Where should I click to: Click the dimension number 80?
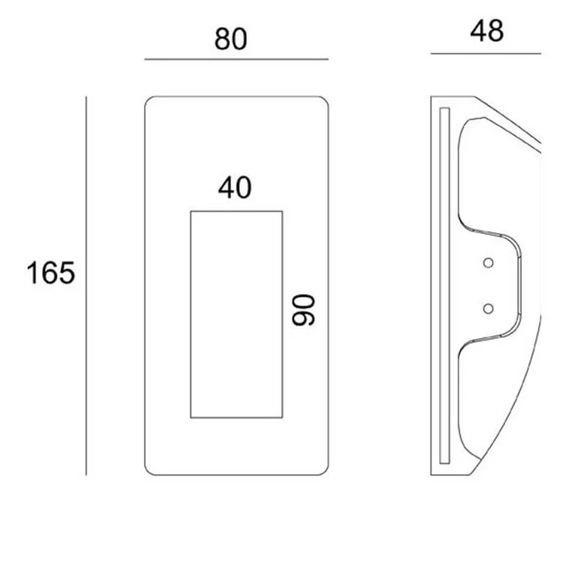231,39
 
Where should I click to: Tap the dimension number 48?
487,31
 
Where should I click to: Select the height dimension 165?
51,273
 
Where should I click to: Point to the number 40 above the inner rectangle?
234,187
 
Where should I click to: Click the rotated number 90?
304,309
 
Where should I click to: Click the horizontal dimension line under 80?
237,60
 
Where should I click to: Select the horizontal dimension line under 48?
486,54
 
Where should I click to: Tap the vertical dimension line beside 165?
86,286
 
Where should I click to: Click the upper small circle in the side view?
488,263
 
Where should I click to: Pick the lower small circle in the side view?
488,309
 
